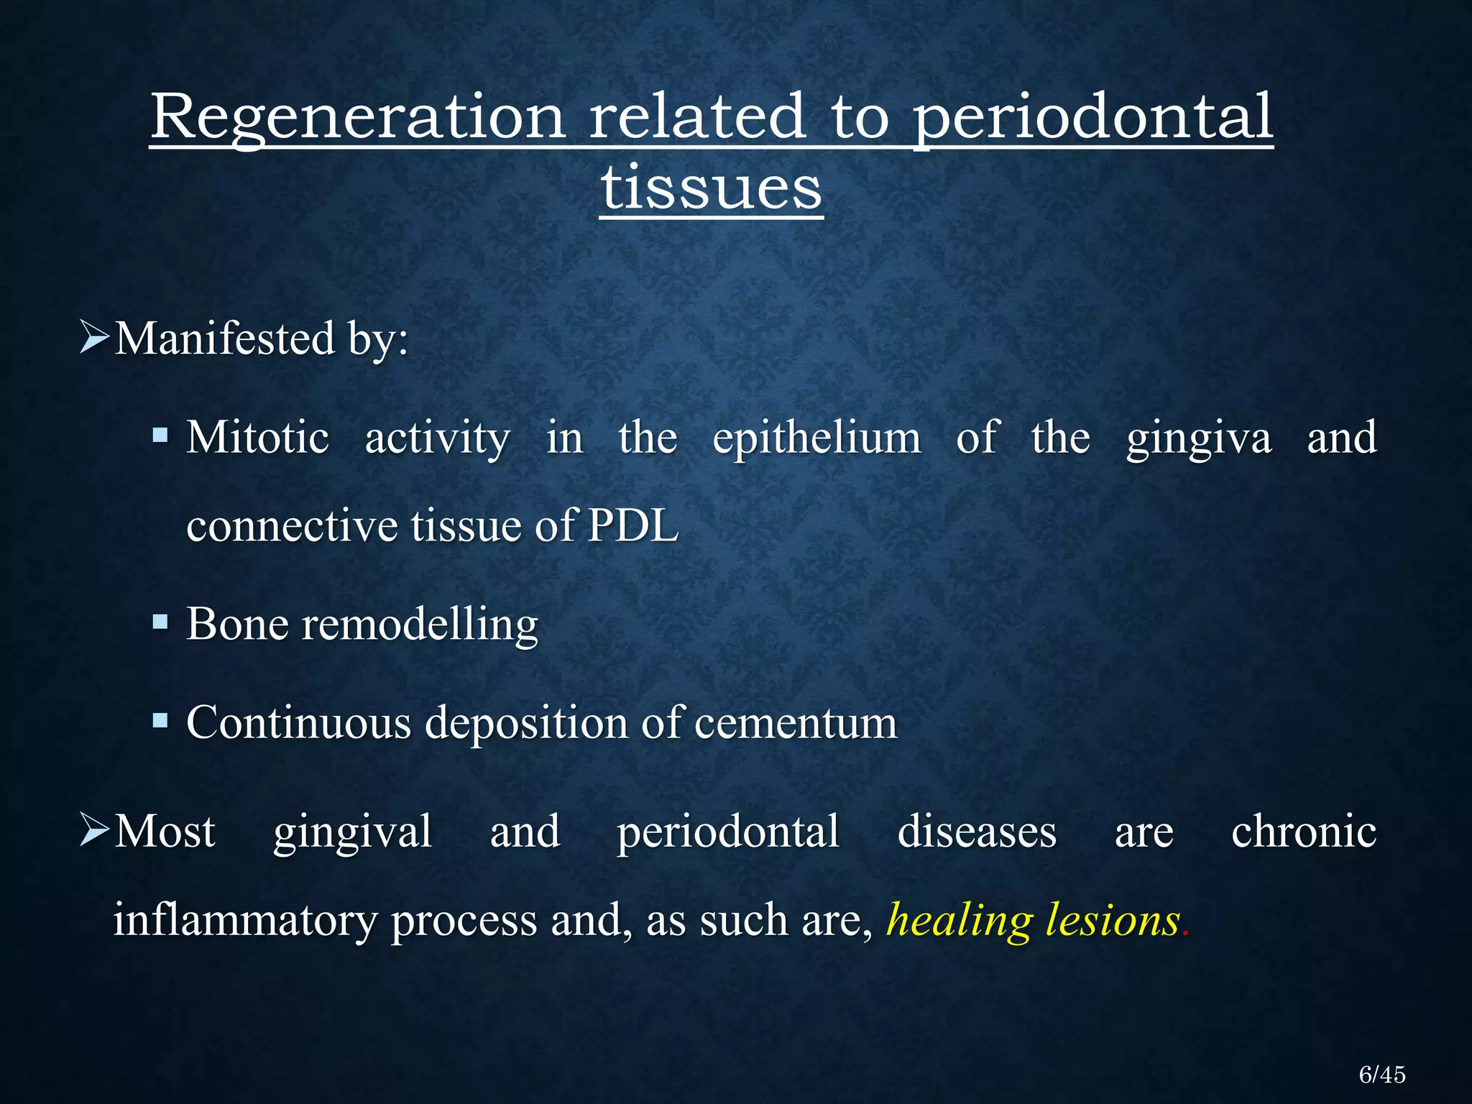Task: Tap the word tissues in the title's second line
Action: coord(711,188)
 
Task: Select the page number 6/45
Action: coord(1381,1075)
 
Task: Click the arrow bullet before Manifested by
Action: coord(94,338)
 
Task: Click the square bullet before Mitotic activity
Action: coord(160,435)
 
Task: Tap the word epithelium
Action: coord(816,438)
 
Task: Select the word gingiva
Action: coord(1198,438)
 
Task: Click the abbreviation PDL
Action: coord(632,525)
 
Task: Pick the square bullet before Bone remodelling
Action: coord(160,621)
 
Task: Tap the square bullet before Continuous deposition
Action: coord(160,719)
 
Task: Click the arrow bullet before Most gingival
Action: coord(94,830)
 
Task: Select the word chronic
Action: coord(1303,832)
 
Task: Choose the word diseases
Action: coord(976,832)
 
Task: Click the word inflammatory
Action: coord(245,921)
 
